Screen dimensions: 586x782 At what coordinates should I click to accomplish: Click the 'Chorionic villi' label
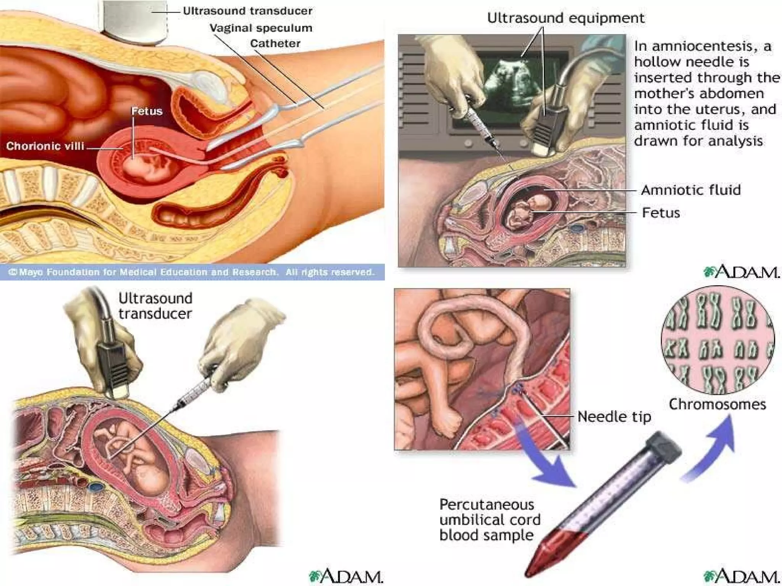(x=45, y=146)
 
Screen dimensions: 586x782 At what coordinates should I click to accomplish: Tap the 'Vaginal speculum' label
(x=261, y=28)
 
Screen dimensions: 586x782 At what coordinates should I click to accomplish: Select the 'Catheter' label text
(x=275, y=43)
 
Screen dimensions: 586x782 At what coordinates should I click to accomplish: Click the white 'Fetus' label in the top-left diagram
(x=147, y=111)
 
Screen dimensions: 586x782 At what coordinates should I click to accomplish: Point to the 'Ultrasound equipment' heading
(x=565, y=18)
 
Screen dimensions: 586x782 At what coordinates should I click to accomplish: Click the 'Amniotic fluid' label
(x=691, y=190)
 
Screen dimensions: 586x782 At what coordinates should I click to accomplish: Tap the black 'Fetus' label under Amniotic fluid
(x=661, y=213)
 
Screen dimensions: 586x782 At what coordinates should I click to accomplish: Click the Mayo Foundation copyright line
(x=191, y=272)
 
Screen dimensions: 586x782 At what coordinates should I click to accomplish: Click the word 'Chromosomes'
(x=717, y=404)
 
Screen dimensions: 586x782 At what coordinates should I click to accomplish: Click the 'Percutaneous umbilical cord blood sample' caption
(x=490, y=520)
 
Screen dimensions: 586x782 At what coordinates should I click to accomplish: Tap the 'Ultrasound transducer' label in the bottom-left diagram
(x=155, y=306)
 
